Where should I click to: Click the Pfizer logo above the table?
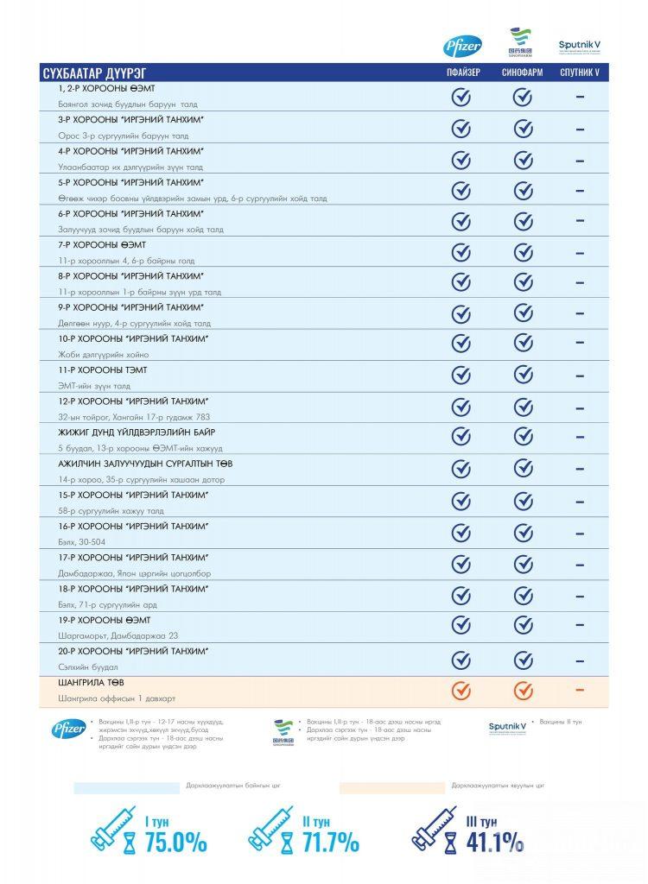coord(462,47)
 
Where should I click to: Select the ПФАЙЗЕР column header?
coord(462,73)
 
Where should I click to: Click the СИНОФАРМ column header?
coord(522,73)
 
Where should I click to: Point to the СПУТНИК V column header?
coord(579,73)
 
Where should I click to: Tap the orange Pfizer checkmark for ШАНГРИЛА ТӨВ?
coord(461,691)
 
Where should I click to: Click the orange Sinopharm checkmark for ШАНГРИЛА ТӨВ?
coord(523,691)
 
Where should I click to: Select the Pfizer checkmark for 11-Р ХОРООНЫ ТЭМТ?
coord(461,376)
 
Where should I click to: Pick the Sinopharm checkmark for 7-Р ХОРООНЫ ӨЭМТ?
coord(523,252)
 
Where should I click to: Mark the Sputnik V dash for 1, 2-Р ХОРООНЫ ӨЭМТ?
coord(579,98)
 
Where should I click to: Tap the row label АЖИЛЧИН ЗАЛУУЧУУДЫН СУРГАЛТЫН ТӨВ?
coord(145,464)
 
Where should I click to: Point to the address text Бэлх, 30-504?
coord(82,542)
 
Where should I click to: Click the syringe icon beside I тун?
coord(113,829)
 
